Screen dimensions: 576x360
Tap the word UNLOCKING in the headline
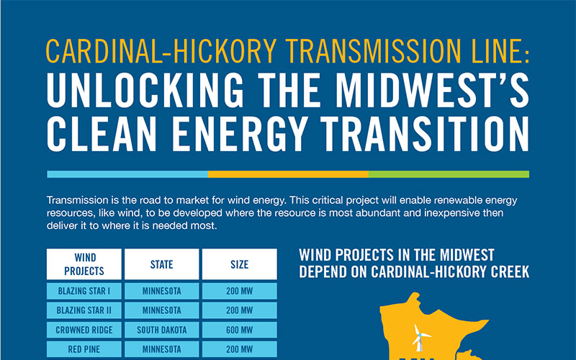[145, 90]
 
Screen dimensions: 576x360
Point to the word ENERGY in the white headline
[239, 134]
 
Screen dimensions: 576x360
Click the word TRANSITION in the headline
[425, 134]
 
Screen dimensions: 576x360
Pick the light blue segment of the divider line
[127, 174]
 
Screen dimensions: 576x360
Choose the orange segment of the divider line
[289, 174]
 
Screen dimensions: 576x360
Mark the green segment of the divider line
[449, 174]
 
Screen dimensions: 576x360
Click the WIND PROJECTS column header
[84, 264]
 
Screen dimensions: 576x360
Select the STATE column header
[161, 264]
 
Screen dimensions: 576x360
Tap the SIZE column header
[240, 264]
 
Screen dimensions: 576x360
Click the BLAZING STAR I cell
[84, 291]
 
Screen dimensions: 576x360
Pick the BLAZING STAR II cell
[84, 310]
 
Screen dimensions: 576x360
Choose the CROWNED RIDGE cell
[84, 330]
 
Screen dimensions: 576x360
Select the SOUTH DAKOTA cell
[161, 330]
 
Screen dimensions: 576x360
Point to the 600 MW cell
[240, 330]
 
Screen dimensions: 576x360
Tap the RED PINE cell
[84, 349]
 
